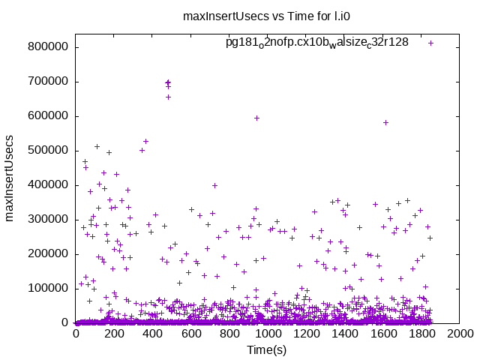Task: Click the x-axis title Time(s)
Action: click(268, 349)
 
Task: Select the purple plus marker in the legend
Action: click(430, 43)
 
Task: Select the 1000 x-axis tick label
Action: click(268, 334)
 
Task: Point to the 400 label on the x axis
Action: click(152, 334)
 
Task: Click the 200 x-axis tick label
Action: click(114, 334)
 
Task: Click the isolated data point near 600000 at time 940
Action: click(256, 118)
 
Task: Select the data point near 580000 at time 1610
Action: click(385, 122)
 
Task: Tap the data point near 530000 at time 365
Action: click(145, 141)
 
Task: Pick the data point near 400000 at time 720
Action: click(214, 185)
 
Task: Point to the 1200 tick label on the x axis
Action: click(306, 334)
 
